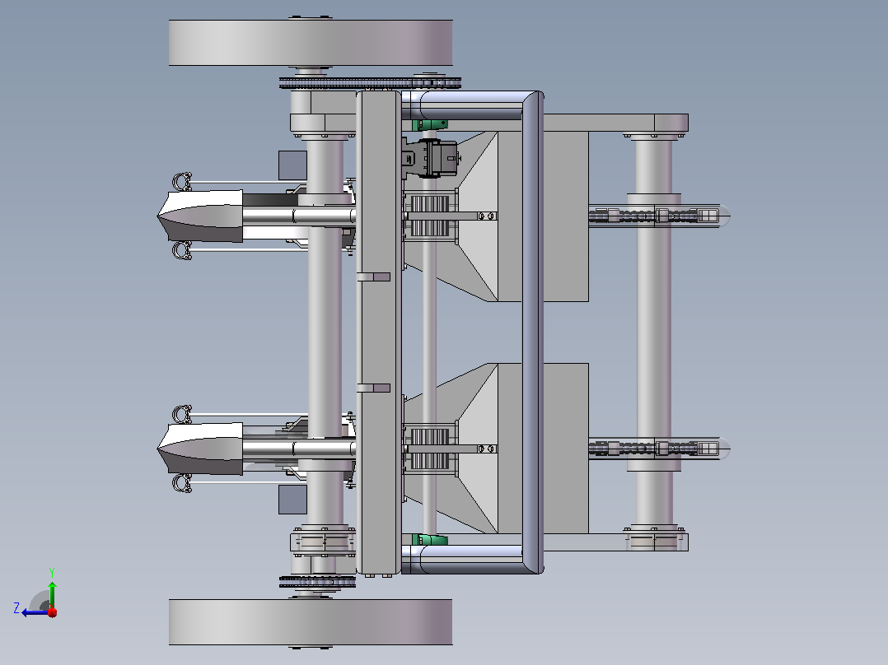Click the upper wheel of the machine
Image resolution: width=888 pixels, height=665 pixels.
click(x=311, y=43)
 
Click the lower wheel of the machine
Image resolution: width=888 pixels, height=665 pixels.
click(x=311, y=622)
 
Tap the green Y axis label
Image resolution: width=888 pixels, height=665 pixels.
click(x=52, y=572)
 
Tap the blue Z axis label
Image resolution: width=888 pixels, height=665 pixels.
click(x=16, y=608)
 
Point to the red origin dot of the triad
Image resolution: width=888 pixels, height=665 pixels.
click(x=53, y=612)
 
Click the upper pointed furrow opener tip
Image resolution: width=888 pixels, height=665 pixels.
click(x=157, y=216)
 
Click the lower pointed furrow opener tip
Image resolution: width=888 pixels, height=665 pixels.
click(x=157, y=449)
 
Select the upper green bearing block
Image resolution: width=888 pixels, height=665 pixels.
click(x=430, y=124)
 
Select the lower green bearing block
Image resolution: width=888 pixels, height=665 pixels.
click(x=430, y=539)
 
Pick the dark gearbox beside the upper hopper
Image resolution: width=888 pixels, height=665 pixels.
click(x=430, y=157)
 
